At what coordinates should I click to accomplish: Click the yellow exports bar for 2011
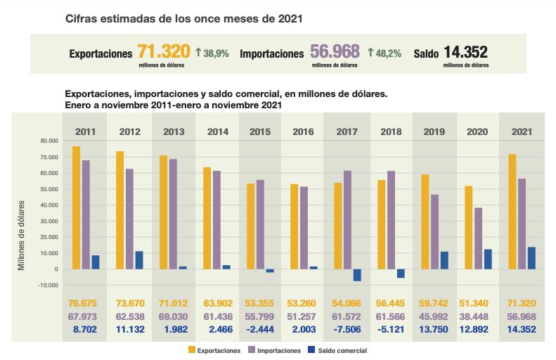pyautogui.click(x=76, y=207)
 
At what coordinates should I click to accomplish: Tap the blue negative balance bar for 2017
pyautogui.click(x=357, y=275)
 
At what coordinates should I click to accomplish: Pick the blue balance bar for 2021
pyautogui.click(x=531, y=258)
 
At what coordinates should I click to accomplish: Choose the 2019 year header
pyautogui.click(x=433, y=131)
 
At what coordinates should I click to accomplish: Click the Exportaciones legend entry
pyautogui.click(x=215, y=349)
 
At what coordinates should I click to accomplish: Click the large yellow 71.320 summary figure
pyautogui.click(x=163, y=51)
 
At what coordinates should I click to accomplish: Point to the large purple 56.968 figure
pyautogui.click(x=334, y=51)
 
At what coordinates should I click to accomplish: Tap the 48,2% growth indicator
pyautogui.click(x=386, y=53)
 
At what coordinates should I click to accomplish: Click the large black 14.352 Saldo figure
pyautogui.click(x=465, y=52)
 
